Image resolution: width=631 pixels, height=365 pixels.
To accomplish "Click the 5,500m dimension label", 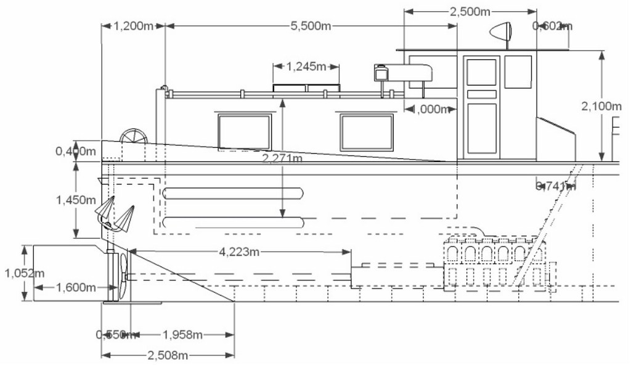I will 311,27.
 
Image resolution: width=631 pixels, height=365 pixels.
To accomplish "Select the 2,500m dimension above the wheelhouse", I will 470,12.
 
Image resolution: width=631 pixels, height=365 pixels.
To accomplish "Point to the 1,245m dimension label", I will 306,66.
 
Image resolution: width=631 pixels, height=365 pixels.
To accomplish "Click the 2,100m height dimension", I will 601,106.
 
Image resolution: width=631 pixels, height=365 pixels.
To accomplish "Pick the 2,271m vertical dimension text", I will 282,159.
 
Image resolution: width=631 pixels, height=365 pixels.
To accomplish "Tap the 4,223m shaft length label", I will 238,252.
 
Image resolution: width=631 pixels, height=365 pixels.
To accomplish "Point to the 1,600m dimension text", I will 76,287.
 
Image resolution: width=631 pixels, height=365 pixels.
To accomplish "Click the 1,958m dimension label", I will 182,335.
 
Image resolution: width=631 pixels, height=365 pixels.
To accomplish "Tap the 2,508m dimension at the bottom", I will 167,355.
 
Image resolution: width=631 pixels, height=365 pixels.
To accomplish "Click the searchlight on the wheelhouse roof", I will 501,30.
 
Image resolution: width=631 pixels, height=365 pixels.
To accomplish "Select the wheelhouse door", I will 481,105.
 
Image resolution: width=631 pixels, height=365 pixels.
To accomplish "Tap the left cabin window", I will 244,132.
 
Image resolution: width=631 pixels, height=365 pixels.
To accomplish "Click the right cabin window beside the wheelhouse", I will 367,132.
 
